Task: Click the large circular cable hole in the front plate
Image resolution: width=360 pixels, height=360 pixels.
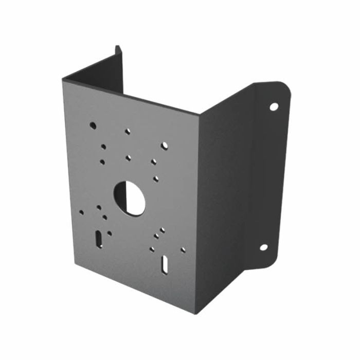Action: (x=129, y=198)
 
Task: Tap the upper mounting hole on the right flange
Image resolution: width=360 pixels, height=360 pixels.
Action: (x=274, y=106)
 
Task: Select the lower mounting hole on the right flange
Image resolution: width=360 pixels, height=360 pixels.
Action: (x=263, y=247)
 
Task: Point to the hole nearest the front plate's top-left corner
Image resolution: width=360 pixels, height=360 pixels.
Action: (x=93, y=125)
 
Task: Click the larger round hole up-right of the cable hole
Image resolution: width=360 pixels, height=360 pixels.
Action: (x=164, y=146)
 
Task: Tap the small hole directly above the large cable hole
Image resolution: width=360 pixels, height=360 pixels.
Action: (x=128, y=158)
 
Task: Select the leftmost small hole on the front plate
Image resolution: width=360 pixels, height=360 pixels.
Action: (x=81, y=210)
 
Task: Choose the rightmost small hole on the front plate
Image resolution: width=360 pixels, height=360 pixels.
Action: (x=183, y=250)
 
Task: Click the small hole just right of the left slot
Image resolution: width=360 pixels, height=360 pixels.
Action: (x=110, y=233)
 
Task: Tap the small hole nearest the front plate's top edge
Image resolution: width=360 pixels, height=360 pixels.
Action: (x=127, y=131)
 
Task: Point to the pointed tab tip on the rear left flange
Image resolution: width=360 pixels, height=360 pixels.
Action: (x=117, y=47)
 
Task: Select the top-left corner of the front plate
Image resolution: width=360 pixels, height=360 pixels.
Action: (x=63, y=78)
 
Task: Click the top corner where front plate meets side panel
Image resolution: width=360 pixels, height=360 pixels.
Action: (x=199, y=114)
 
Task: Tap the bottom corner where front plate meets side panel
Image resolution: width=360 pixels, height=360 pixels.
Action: (x=196, y=313)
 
